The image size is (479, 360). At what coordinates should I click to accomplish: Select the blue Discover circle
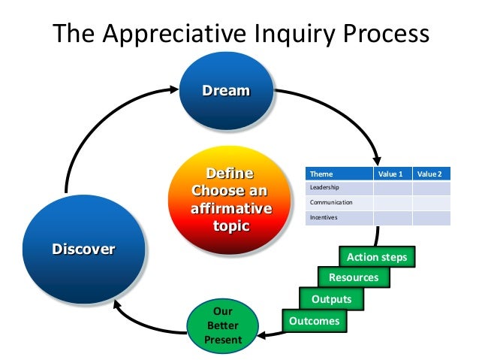(83, 249)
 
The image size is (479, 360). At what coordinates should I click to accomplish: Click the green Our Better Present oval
(224, 325)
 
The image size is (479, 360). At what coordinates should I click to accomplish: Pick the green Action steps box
(376, 257)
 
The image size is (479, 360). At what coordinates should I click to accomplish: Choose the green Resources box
(354, 277)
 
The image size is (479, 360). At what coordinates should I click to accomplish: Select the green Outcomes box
(313, 321)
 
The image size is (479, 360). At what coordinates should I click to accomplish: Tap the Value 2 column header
(431, 174)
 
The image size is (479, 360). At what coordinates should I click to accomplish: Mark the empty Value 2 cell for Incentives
(431, 218)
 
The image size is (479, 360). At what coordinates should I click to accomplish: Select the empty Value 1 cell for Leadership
(392, 188)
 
